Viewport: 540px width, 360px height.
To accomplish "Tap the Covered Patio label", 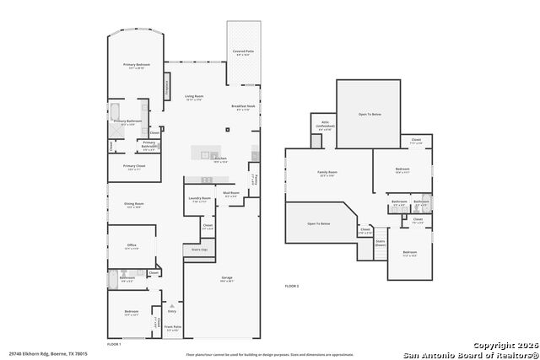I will tap(244, 51).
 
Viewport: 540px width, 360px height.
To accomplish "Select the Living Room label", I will tap(195, 97).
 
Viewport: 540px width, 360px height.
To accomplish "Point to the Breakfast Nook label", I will tap(244, 106).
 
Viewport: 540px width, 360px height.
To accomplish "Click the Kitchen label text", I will tap(220, 159).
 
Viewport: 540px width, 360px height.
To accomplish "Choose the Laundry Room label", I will tap(199, 199).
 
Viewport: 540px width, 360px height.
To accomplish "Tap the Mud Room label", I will tap(231, 193).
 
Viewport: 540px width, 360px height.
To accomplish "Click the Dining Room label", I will tap(134, 203).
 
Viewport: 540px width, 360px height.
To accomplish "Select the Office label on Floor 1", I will tap(132, 245).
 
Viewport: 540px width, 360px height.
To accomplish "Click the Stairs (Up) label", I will tap(200, 250).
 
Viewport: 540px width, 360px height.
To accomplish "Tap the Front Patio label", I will tap(172, 327).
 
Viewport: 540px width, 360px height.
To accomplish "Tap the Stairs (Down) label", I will tap(380, 242).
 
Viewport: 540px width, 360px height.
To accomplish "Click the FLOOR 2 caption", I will tap(292, 287).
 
